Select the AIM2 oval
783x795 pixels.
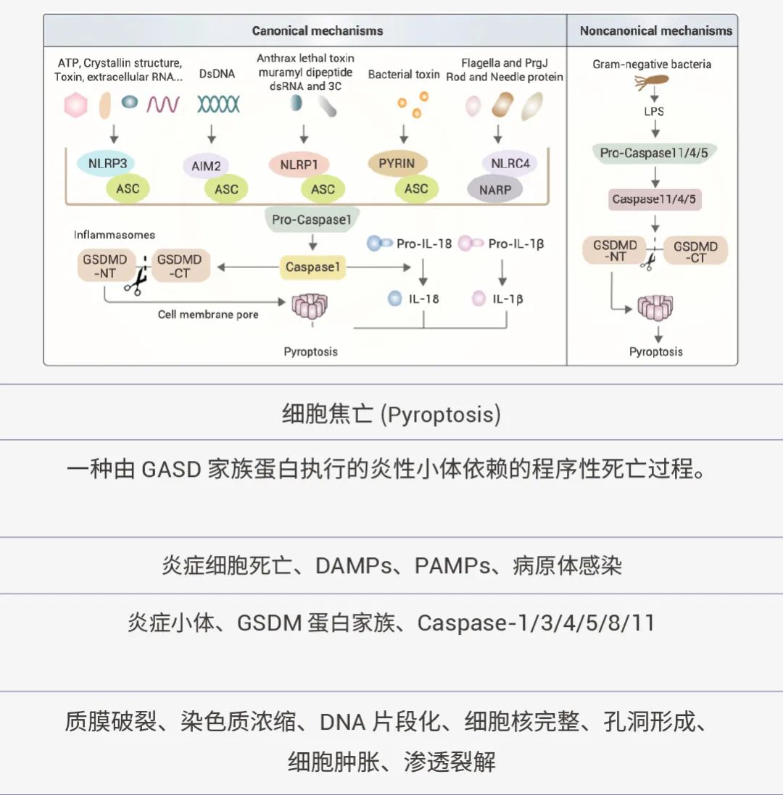206,166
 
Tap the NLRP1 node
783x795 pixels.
299,165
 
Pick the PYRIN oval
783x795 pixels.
397,163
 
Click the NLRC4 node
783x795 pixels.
510,163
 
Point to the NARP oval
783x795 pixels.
494,190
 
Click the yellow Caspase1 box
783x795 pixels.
312,267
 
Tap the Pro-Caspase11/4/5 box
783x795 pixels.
654,153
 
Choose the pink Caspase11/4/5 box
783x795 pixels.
654,199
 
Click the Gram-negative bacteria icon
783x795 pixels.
652,83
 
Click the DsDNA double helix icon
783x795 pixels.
218,106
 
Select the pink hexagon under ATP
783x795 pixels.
75,106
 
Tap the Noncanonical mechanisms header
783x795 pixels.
655,30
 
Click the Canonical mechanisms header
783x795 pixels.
318,30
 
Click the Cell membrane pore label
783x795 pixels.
208,315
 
